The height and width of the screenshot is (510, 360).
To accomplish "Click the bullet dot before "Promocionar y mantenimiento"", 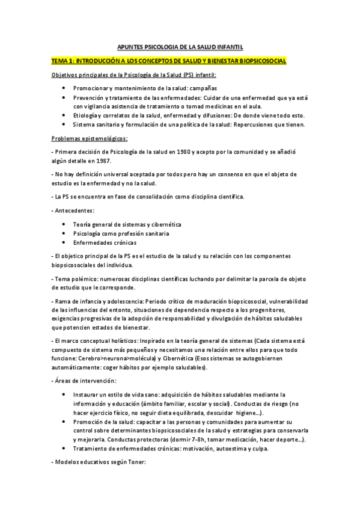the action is point(65,88).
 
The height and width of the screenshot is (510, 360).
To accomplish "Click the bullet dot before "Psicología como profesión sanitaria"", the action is point(65,233).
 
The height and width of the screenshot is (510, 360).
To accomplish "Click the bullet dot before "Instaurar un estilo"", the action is point(65,395).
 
